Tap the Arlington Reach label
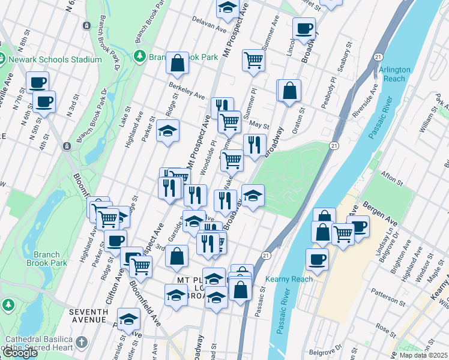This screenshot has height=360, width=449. pos(394,74)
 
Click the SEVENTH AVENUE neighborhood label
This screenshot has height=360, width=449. pos(88,317)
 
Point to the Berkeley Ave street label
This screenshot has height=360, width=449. pos(187,91)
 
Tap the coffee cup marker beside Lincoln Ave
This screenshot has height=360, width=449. pos(304,28)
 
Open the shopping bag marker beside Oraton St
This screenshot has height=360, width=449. pos(289,91)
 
